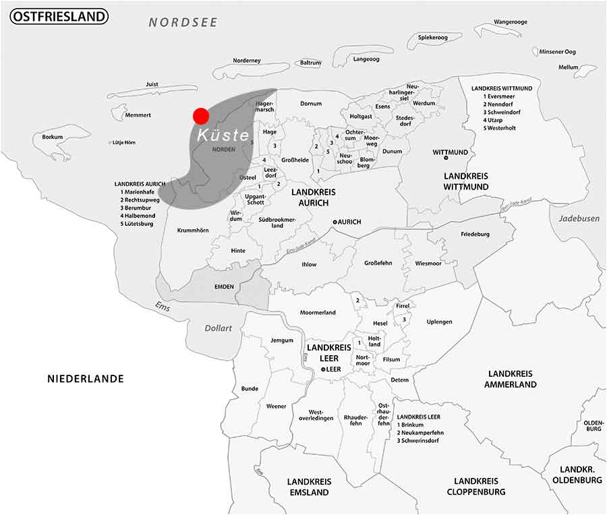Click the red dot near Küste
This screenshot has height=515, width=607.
coord(200,115)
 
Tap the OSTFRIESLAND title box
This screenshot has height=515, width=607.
coord(59,16)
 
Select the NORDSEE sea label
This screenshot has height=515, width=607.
coord(183,22)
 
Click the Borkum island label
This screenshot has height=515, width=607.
coord(52,137)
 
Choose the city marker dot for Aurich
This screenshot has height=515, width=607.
coord(335,222)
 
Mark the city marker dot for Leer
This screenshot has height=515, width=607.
coord(324,370)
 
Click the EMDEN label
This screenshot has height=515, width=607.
coord(224,286)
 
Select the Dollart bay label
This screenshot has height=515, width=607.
coord(219,328)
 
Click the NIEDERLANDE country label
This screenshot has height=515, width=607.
coord(86,379)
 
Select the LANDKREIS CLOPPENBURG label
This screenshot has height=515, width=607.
coord(475,486)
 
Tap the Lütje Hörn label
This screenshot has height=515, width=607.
coord(124,142)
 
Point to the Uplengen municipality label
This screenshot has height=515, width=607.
coord(439,322)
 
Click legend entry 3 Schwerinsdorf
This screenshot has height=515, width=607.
coord(418,440)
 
